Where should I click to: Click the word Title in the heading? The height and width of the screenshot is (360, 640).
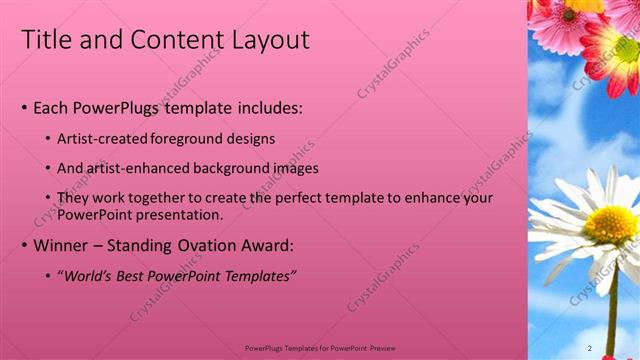[x=44, y=40]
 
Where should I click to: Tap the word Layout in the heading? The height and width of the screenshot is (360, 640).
[x=271, y=40]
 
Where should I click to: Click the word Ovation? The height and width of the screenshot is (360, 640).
[x=215, y=245]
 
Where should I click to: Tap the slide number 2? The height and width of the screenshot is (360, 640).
[x=590, y=348]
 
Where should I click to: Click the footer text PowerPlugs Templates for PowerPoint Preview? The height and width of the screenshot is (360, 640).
[x=320, y=348]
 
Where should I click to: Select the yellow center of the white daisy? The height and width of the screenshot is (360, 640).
[x=610, y=225]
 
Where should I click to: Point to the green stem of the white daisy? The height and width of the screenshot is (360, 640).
[x=612, y=320]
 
